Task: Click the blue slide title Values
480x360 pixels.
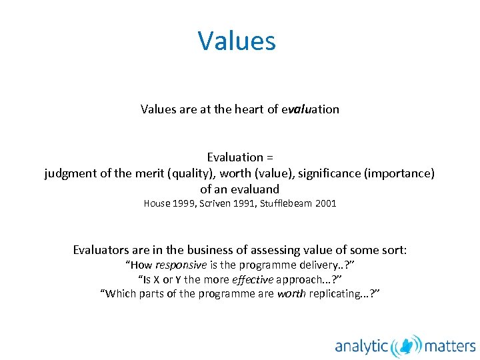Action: tap(237, 41)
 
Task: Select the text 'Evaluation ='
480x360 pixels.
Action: tap(240, 157)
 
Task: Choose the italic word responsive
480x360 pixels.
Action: tap(180, 265)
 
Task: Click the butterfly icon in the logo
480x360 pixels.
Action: tap(407, 346)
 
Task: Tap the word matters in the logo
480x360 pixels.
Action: tap(451, 346)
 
